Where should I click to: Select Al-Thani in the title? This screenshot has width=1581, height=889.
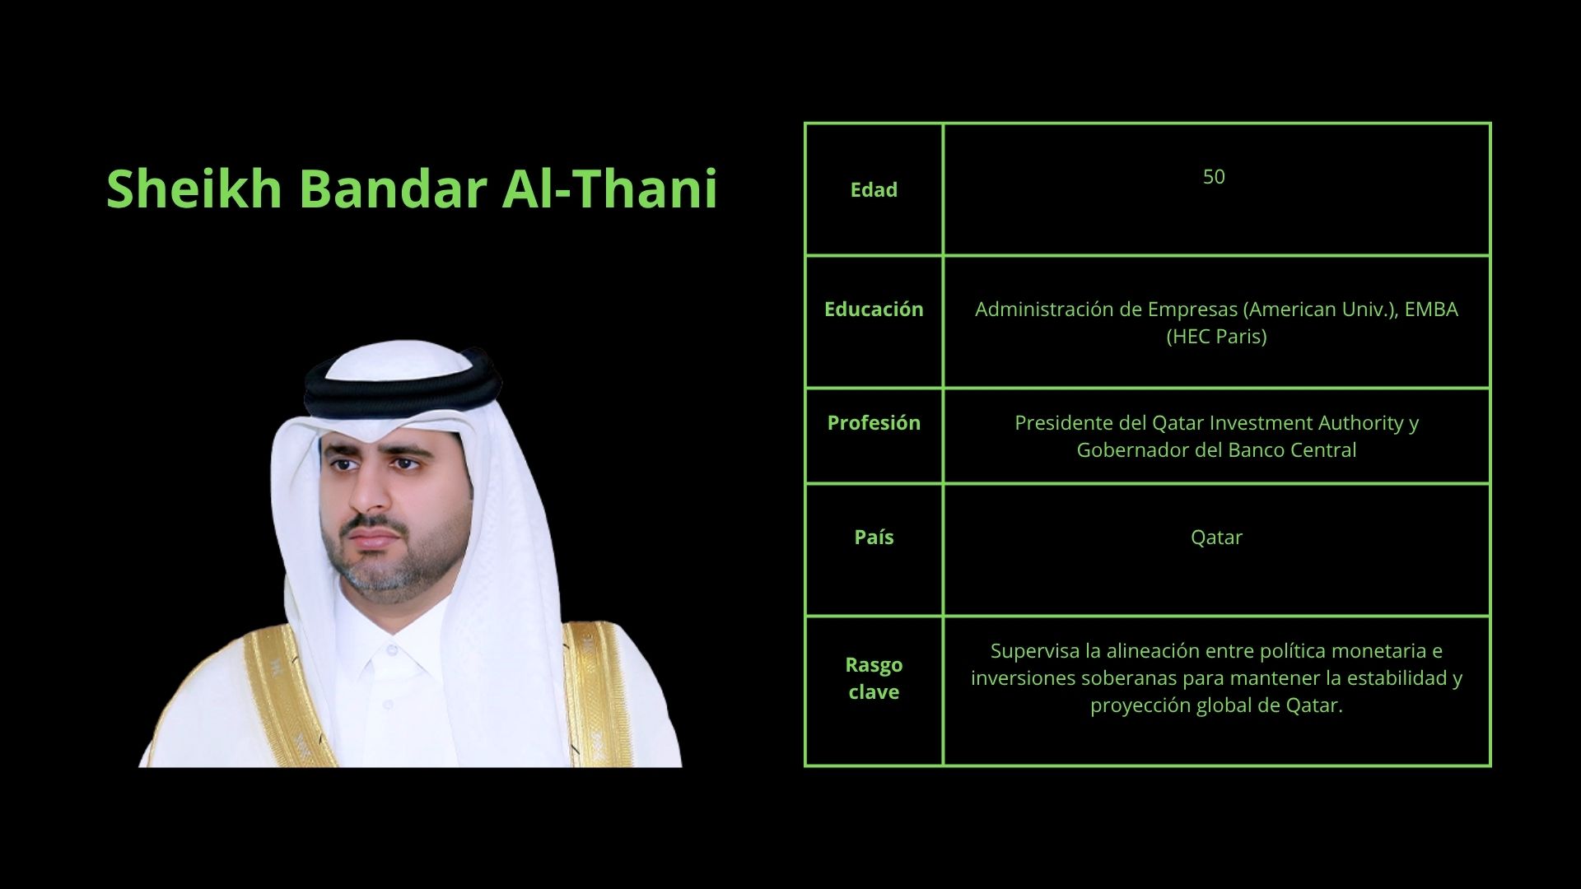click(x=610, y=189)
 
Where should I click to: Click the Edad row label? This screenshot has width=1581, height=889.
click(x=874, y=189)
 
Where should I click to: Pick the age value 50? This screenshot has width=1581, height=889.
click(x=1214, y=177)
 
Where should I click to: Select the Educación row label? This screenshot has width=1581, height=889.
click(x=874, y=309)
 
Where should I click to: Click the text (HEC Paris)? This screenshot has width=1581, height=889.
click(x=1216, y=337)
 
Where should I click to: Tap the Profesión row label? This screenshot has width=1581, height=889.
click(x=874, y=422)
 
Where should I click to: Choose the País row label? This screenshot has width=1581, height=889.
click(x=874, y=537)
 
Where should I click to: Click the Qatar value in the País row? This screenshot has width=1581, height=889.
click(x=1216, y=538)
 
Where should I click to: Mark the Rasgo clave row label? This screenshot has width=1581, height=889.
click(x=874, y=678)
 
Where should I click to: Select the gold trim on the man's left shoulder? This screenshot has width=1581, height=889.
click(x=597, y=691)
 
